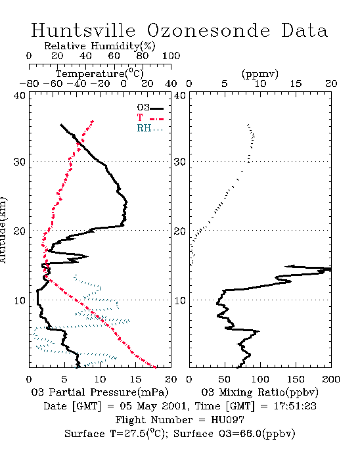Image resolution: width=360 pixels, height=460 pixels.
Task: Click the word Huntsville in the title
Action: tap(83, 30)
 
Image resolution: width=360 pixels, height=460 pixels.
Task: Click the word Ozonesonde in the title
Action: tap(208, 30)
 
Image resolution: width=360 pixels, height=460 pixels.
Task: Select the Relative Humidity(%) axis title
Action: tap(100, 46)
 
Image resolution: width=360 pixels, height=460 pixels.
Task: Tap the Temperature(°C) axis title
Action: tap(100, 74)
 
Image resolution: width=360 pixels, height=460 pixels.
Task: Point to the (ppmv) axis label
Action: tap(259, 74)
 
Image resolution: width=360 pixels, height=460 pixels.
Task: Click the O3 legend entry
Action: tap(150, 108)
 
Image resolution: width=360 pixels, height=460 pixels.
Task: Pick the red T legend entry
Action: tap(150, 118)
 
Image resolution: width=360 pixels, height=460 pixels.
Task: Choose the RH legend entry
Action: tap(150, 128)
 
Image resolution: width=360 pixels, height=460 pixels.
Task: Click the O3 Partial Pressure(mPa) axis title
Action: tap(100, 392)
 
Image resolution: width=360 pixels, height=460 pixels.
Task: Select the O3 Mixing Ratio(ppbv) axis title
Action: tap(259, 392)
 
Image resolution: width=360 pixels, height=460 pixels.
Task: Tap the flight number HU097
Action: tap(227, 420)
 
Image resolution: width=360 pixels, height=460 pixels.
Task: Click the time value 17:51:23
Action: tap(295, 406)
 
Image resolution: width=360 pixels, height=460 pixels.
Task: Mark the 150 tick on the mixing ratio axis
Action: tap(296, 379)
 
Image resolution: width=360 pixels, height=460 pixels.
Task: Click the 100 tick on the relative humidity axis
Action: tap(171, 56)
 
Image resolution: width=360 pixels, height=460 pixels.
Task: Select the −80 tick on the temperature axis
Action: tap(29, 84)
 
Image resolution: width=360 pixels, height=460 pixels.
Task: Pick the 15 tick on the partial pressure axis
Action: tap(135, 379)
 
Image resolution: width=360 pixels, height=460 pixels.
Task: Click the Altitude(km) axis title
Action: tap(3, 231)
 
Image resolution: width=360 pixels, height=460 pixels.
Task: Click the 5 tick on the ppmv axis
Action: tap(225, 84)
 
